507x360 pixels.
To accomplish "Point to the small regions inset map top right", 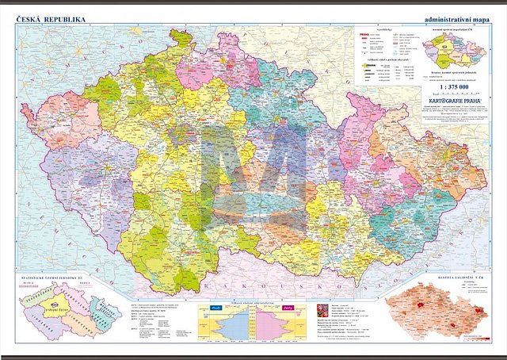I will click(453, 52).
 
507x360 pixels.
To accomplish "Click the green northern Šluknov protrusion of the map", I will click(181, 37).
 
